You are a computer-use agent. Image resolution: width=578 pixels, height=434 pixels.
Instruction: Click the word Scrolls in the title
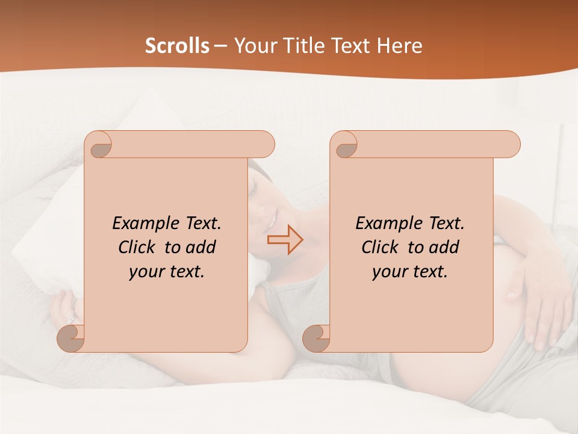[x=177, y=46]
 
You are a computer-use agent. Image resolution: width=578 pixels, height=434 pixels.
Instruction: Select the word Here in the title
[x=399, y=46]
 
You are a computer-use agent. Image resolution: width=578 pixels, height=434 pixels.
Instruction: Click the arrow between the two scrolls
[x=285, y=240]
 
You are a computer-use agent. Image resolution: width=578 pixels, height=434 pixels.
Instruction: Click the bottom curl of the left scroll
[x=72, y=338]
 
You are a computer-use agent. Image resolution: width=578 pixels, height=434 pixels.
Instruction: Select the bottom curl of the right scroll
[x=317, y=338]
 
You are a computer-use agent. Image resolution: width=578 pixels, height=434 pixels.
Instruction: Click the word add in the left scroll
[x=202, y=247]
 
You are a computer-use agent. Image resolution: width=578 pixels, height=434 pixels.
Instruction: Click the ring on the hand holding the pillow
[x=71, y=320]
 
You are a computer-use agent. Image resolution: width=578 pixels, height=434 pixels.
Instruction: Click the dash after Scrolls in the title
[x=220, y=46]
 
